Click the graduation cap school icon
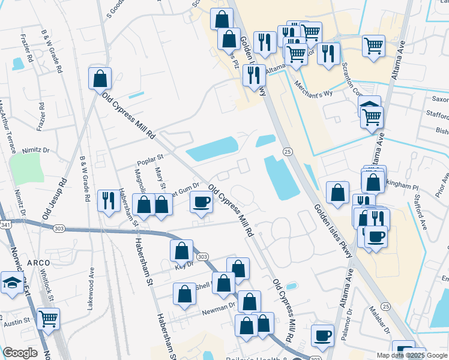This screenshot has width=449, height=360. [11, 283]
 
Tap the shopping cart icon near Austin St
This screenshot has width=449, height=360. [48, 319]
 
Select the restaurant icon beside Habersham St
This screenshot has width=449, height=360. [109, 200]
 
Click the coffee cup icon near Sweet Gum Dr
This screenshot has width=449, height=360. [201, 202]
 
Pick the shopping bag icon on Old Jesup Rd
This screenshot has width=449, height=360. [100, 78]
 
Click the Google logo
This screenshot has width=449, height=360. [20, 353]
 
